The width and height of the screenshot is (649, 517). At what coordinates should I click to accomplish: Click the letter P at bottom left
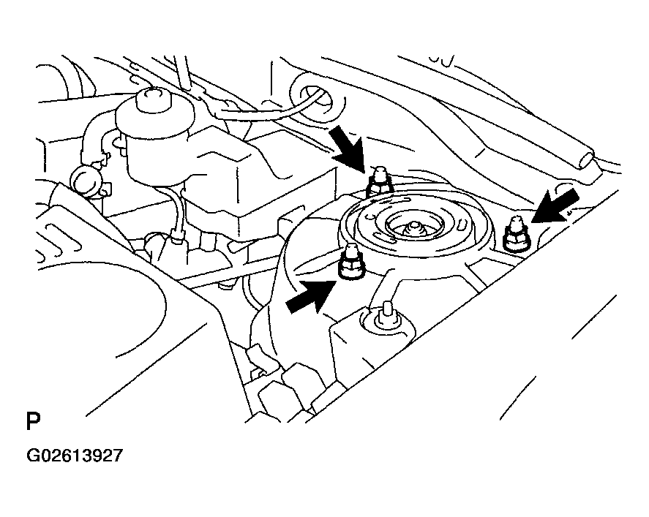[x=33, y=420]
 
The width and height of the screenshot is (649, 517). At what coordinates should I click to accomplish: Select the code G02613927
[x=75, y=456]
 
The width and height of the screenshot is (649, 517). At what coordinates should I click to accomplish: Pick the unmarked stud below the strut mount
[x=386, y=315]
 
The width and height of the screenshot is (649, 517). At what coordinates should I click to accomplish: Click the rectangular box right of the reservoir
[x=265, y=182]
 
